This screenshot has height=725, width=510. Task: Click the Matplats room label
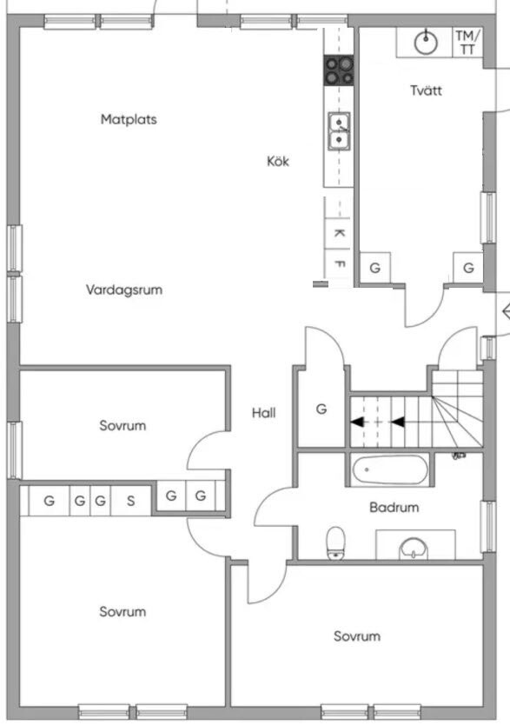coord(129,119)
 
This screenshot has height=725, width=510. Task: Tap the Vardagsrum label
coord(123,289)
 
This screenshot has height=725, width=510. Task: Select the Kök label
coord(278,161)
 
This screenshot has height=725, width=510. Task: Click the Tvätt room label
coord(426,90)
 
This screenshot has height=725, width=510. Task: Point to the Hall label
coord(264,412)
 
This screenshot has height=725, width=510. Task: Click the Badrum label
coord(394,507)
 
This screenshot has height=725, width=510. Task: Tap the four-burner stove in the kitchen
coord(339,70)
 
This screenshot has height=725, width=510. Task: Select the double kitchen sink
coord(339,131)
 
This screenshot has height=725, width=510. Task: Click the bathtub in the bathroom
coord(390,469)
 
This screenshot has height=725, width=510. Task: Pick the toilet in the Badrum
coord(336,542)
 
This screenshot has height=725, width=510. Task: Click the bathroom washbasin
coord(414,549)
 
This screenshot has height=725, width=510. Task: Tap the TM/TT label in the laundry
coord(467,42)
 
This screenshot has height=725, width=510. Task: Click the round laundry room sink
coord(426,43)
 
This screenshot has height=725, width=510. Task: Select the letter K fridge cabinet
coord(339,233)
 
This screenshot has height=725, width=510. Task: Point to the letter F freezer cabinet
coord(339,264)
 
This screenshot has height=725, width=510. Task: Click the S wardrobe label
coord(130,501)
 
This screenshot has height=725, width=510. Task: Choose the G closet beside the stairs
coord(321,409)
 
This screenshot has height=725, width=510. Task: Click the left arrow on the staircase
coord(356,422)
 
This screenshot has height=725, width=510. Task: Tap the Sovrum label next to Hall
coord(123,425)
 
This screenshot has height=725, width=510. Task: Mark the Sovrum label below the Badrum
coord(357,636)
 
